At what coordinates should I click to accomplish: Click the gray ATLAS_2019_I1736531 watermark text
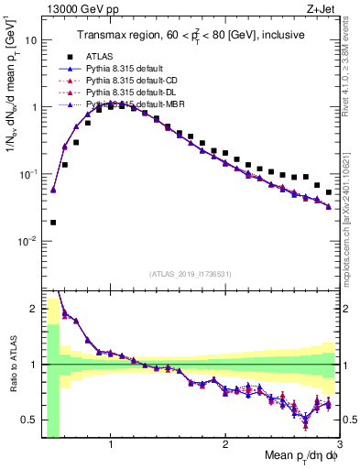[x=191, y=274]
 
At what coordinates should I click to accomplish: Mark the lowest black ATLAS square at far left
[x=53, y=222]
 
